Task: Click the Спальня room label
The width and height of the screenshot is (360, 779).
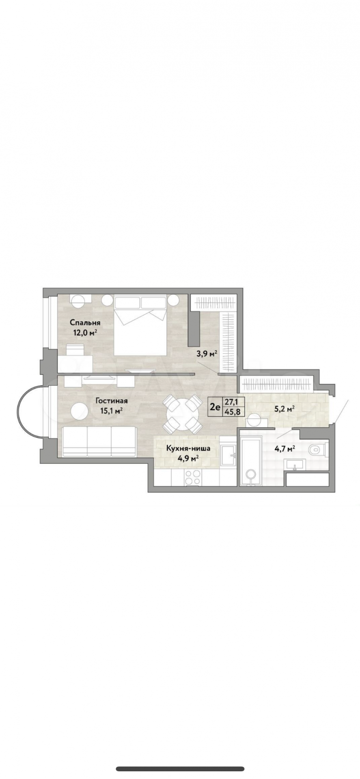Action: click(x=85, y=323)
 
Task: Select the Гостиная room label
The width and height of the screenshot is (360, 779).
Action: click(x=112, y=401)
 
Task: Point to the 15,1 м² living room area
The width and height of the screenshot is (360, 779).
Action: click(x=112, y=411)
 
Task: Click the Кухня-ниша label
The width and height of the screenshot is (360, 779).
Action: click(x=188, y=449)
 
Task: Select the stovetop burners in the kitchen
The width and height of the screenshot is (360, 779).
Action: click(x=192, y=477)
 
